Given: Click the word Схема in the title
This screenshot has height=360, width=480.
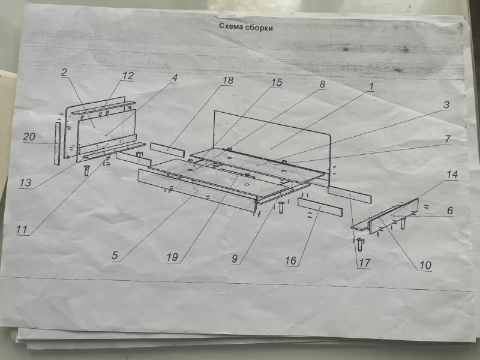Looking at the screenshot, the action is (x=232, y=26).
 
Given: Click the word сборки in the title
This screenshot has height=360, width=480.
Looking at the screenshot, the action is (x=259, y=28).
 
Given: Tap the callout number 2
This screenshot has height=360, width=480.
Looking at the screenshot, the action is (x=64, y=72).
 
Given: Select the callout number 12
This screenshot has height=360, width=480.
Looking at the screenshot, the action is (x=128, y=76).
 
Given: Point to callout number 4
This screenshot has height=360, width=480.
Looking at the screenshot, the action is (x=175, y=78).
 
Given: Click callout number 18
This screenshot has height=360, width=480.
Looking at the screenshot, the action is (x=228, y=80).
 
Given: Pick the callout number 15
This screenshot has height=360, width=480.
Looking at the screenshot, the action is (x=277, y=82).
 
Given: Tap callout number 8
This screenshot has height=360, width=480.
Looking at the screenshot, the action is (x=322, y=85).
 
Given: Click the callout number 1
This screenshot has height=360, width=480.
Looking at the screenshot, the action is (x=371, y=86).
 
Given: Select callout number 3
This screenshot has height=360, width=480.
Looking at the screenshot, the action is (x=446, y=104).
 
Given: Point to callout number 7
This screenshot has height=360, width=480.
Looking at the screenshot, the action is (x=448, y=139).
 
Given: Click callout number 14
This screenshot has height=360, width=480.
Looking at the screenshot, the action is (x=452, y=175).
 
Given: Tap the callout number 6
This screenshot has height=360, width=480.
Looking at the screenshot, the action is (x=449, y=211).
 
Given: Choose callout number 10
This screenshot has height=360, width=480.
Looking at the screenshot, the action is (x=425, y=265).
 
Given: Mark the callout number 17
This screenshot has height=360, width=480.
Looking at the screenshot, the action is (x=365, y=263).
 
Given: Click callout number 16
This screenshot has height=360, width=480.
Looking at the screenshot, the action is (x=291, y=261).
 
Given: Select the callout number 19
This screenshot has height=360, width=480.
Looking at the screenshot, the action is (x=172, y=257).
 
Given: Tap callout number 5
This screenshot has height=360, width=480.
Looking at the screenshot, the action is (x=115, y=256).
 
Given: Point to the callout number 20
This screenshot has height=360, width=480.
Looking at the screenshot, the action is (x=29, y=137).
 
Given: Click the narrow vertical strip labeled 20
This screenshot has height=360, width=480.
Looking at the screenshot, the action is (x=58, y=143).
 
